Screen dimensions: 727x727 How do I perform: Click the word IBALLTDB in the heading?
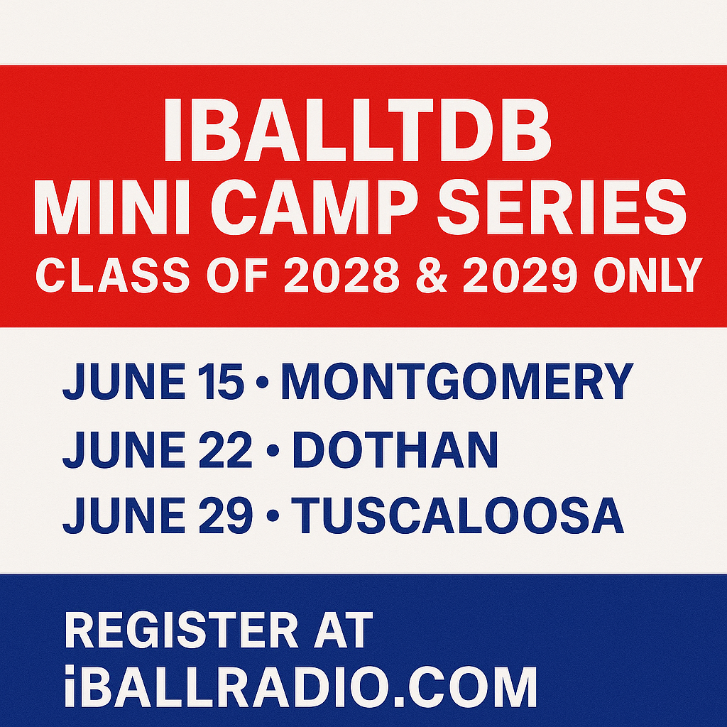tap(358, 131)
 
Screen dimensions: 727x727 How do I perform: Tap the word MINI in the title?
tap(111, 207)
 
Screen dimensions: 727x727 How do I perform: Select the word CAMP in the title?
tap(315, 207)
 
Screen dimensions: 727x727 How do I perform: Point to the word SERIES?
tap(562, 207)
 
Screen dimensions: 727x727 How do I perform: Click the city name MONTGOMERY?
tap(457, 381)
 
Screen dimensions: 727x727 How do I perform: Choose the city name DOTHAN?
tap(395, 449)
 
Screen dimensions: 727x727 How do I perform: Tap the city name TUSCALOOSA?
tap(457, 515)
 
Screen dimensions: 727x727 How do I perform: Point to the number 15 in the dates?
tap(221, 381)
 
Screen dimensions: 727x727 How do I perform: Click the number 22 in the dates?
tap(226, 449)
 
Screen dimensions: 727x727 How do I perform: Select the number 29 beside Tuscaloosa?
tap(226, 515)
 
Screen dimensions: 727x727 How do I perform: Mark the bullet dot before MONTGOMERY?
tap(262, 381)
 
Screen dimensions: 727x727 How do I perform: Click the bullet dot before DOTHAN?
tap(273, 449)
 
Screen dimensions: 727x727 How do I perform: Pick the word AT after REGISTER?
tap(343, 630)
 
